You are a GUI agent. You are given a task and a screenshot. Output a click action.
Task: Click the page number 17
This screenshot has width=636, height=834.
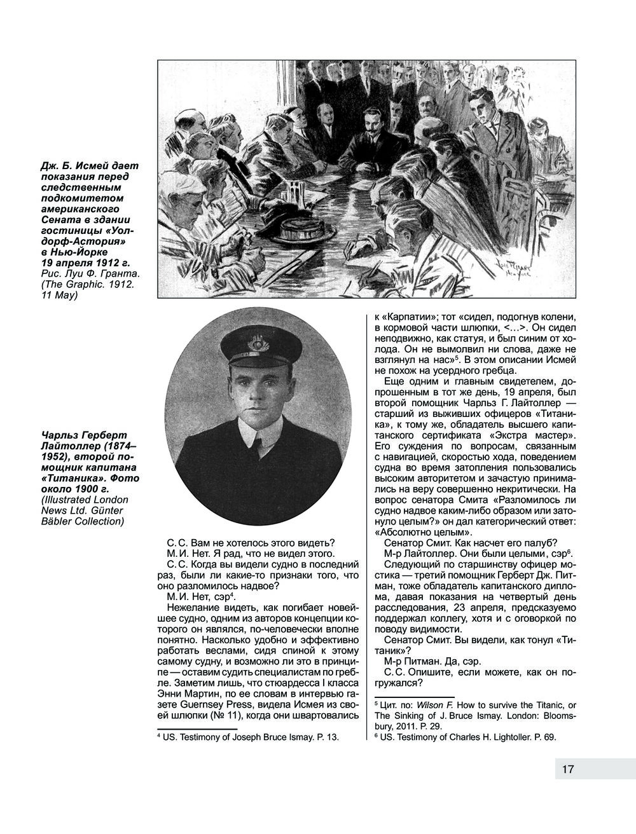click(x=568, y=769)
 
